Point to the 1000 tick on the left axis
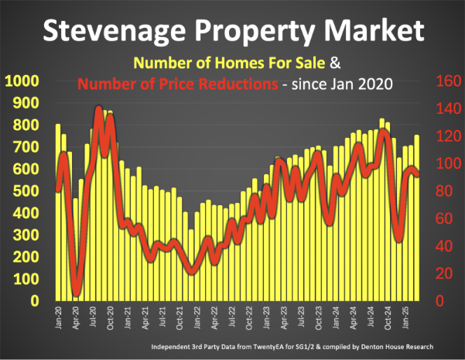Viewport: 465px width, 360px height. pos(24,81)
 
